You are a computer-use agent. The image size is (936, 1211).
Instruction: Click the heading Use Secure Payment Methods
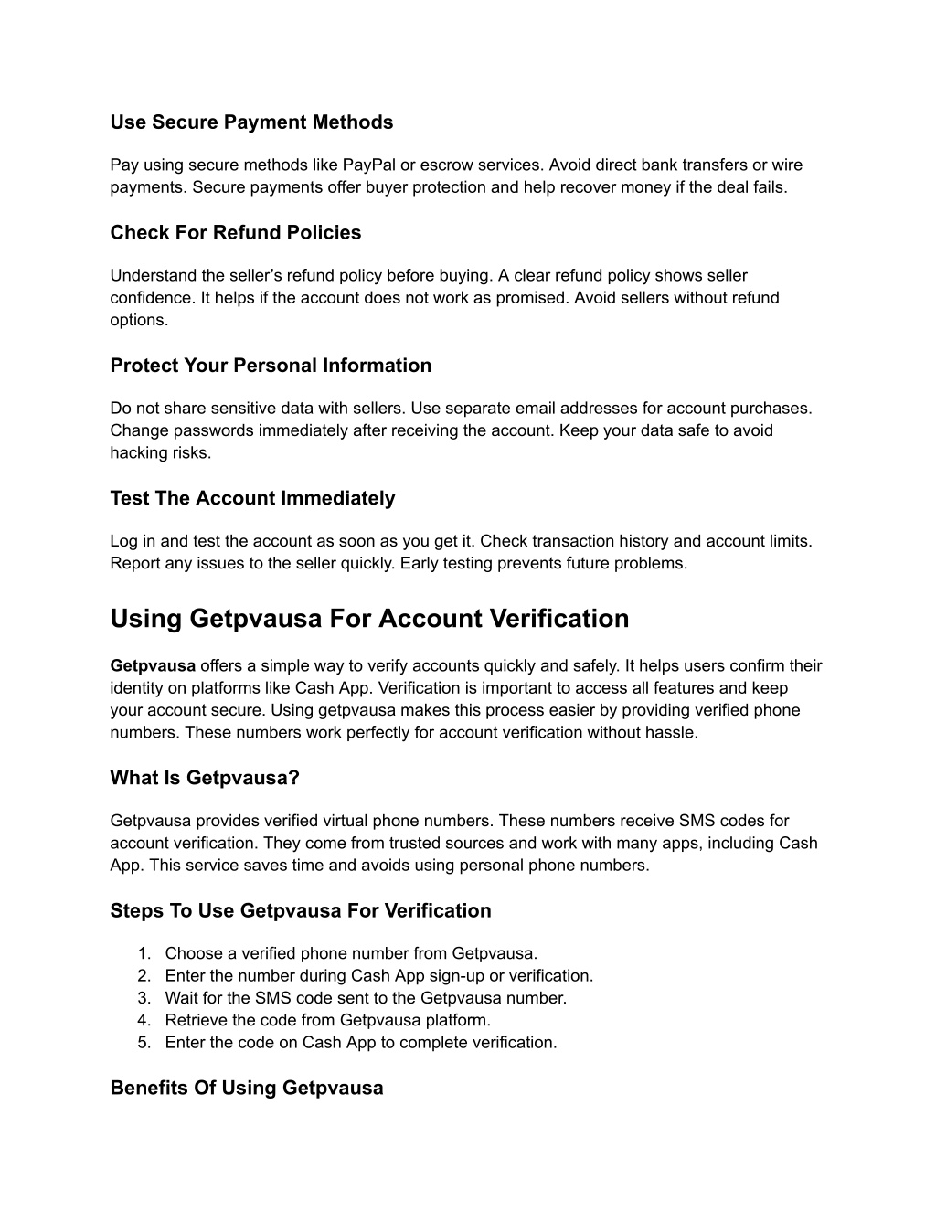pos(251,122)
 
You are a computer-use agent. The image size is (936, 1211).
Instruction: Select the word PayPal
pos(369,165)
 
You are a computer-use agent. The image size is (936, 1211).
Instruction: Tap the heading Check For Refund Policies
pos(236,233)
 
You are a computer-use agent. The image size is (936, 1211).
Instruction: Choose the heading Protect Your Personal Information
pos(271,366)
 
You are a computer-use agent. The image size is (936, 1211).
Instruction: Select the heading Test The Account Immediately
pos(252,498)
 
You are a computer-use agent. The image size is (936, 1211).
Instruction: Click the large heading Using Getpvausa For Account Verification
pos(369,619)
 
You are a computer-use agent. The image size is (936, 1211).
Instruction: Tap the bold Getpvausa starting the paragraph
pos(153,666)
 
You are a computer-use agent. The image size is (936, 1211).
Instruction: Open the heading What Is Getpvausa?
pos(205,778)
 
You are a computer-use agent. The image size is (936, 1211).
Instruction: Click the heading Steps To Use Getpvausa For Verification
pos(301,910)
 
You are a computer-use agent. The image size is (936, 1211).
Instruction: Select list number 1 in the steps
pos(144,954)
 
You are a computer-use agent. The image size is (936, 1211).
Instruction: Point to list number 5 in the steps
pos(144,1043)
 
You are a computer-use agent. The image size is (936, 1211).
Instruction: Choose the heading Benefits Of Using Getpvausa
pos(247,1088)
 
